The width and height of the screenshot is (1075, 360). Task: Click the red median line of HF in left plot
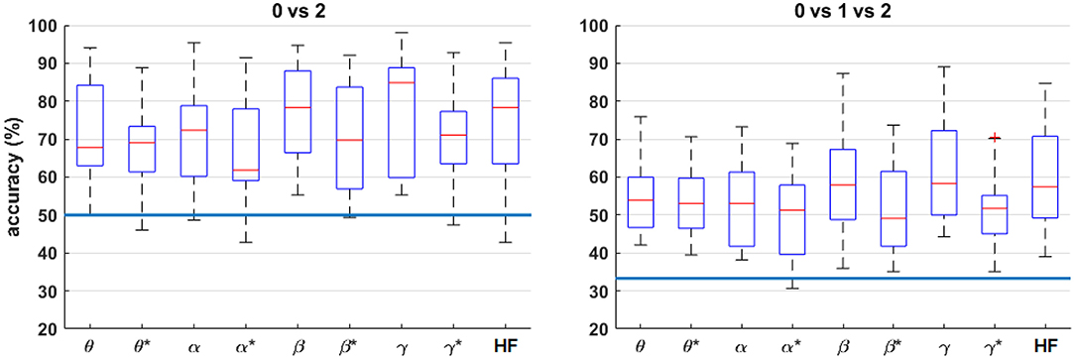tap(505, 108)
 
